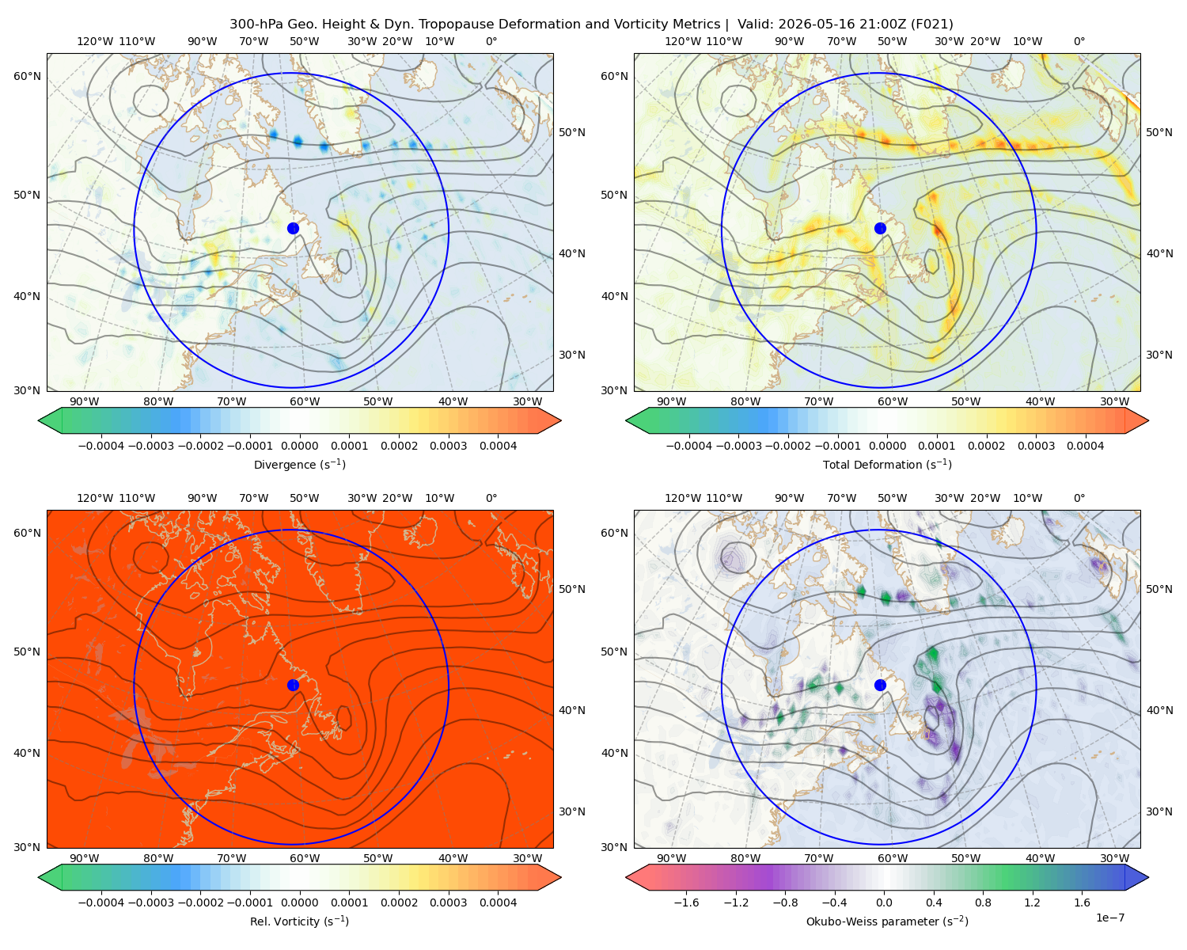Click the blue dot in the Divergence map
tap(293, 229)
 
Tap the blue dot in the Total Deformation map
tap(880, 229)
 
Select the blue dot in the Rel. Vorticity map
tap(293, 685)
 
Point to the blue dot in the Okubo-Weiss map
tap(880, 685)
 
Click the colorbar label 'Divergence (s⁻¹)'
tap(299, 464)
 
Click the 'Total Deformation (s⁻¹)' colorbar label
tap(887, 464)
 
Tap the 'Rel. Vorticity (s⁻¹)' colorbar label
tap(299, 921)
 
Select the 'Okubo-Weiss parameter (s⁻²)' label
tap(887, 921)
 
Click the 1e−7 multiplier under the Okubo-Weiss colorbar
tap(1109, 918)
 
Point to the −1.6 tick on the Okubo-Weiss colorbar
tap(686, 902)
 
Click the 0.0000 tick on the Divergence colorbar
tap(299, 446)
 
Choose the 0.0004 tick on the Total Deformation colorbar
tap(1085, 446)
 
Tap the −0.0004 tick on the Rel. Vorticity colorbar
tap(101, 902)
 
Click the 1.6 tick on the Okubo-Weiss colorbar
tap(1082, 902)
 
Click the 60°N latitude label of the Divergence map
tap(27, 76)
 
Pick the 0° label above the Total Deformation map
tap(1079, 41)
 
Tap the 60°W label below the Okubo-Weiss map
tap(893, 858)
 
